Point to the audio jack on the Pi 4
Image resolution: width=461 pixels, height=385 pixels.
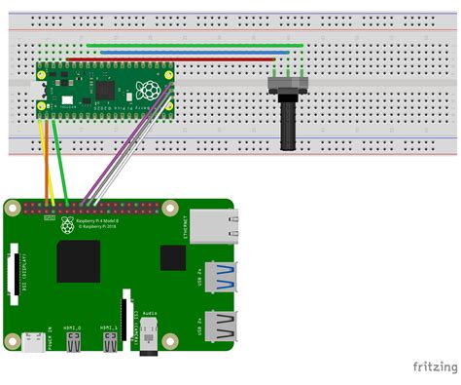[x=150, y=336]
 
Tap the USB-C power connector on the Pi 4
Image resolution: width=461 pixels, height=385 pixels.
[x=35, y=342]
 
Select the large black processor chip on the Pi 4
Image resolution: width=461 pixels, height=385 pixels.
[x=79, y=261]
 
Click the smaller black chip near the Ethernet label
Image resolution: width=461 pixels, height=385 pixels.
[x=172, y=257]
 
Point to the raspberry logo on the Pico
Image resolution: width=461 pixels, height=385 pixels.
[x=148, y=91]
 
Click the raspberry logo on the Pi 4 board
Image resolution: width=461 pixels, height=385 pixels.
[x=67, y=225]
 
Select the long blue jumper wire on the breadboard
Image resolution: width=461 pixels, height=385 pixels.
[x=185, y=52]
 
